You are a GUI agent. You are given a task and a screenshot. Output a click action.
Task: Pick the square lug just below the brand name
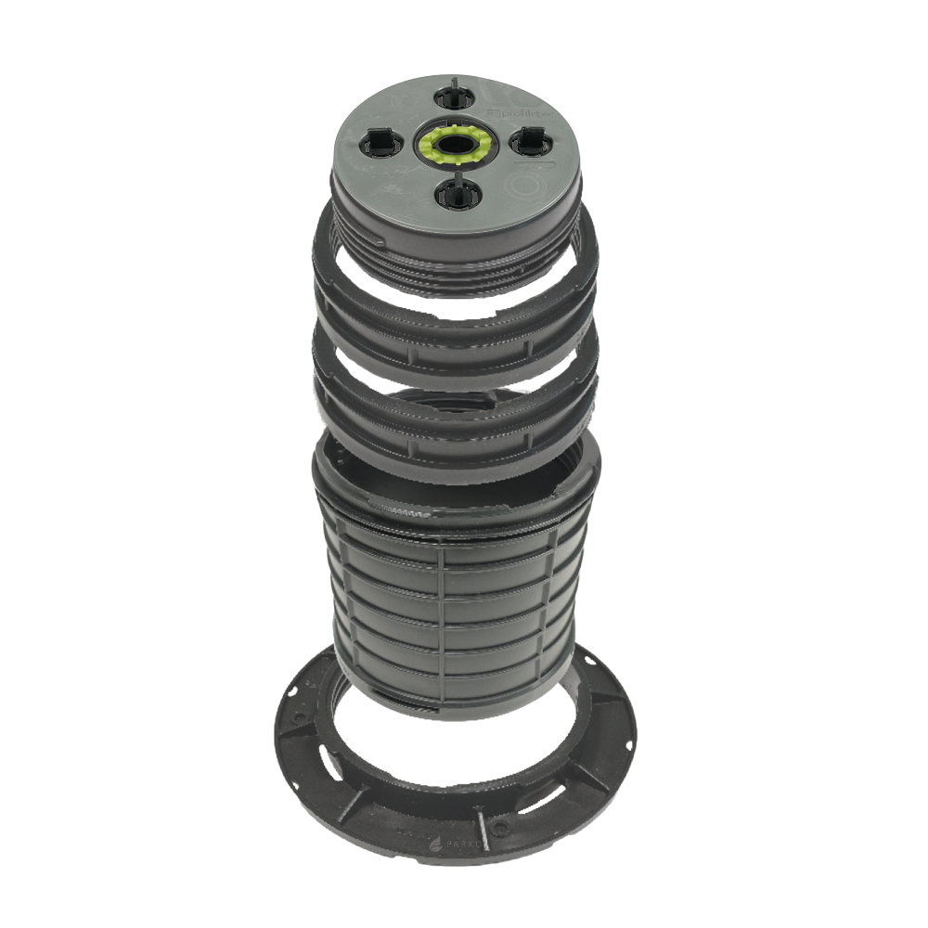528,140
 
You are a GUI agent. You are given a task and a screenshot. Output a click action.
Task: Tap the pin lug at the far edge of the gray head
457,96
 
